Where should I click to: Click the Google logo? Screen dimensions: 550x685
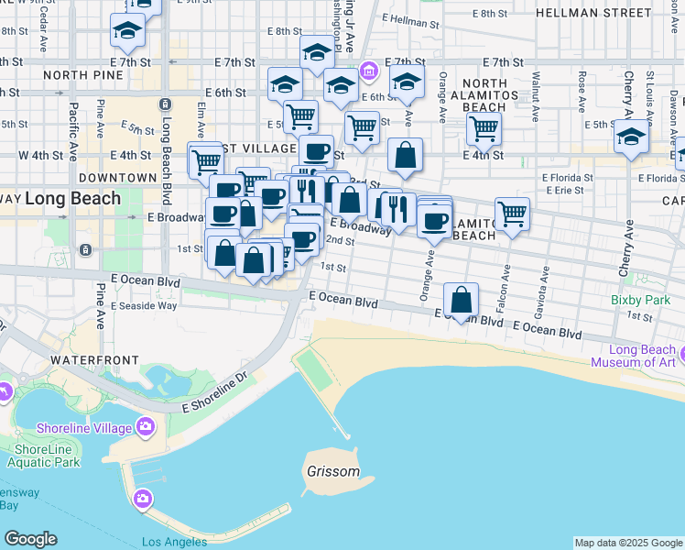(30, 539)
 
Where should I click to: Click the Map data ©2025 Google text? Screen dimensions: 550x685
(628, 543)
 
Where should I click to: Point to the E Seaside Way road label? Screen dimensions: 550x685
(144, 306)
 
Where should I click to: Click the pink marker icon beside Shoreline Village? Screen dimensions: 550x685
(145, 426)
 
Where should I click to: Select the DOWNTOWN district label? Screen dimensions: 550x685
(118, 177)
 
